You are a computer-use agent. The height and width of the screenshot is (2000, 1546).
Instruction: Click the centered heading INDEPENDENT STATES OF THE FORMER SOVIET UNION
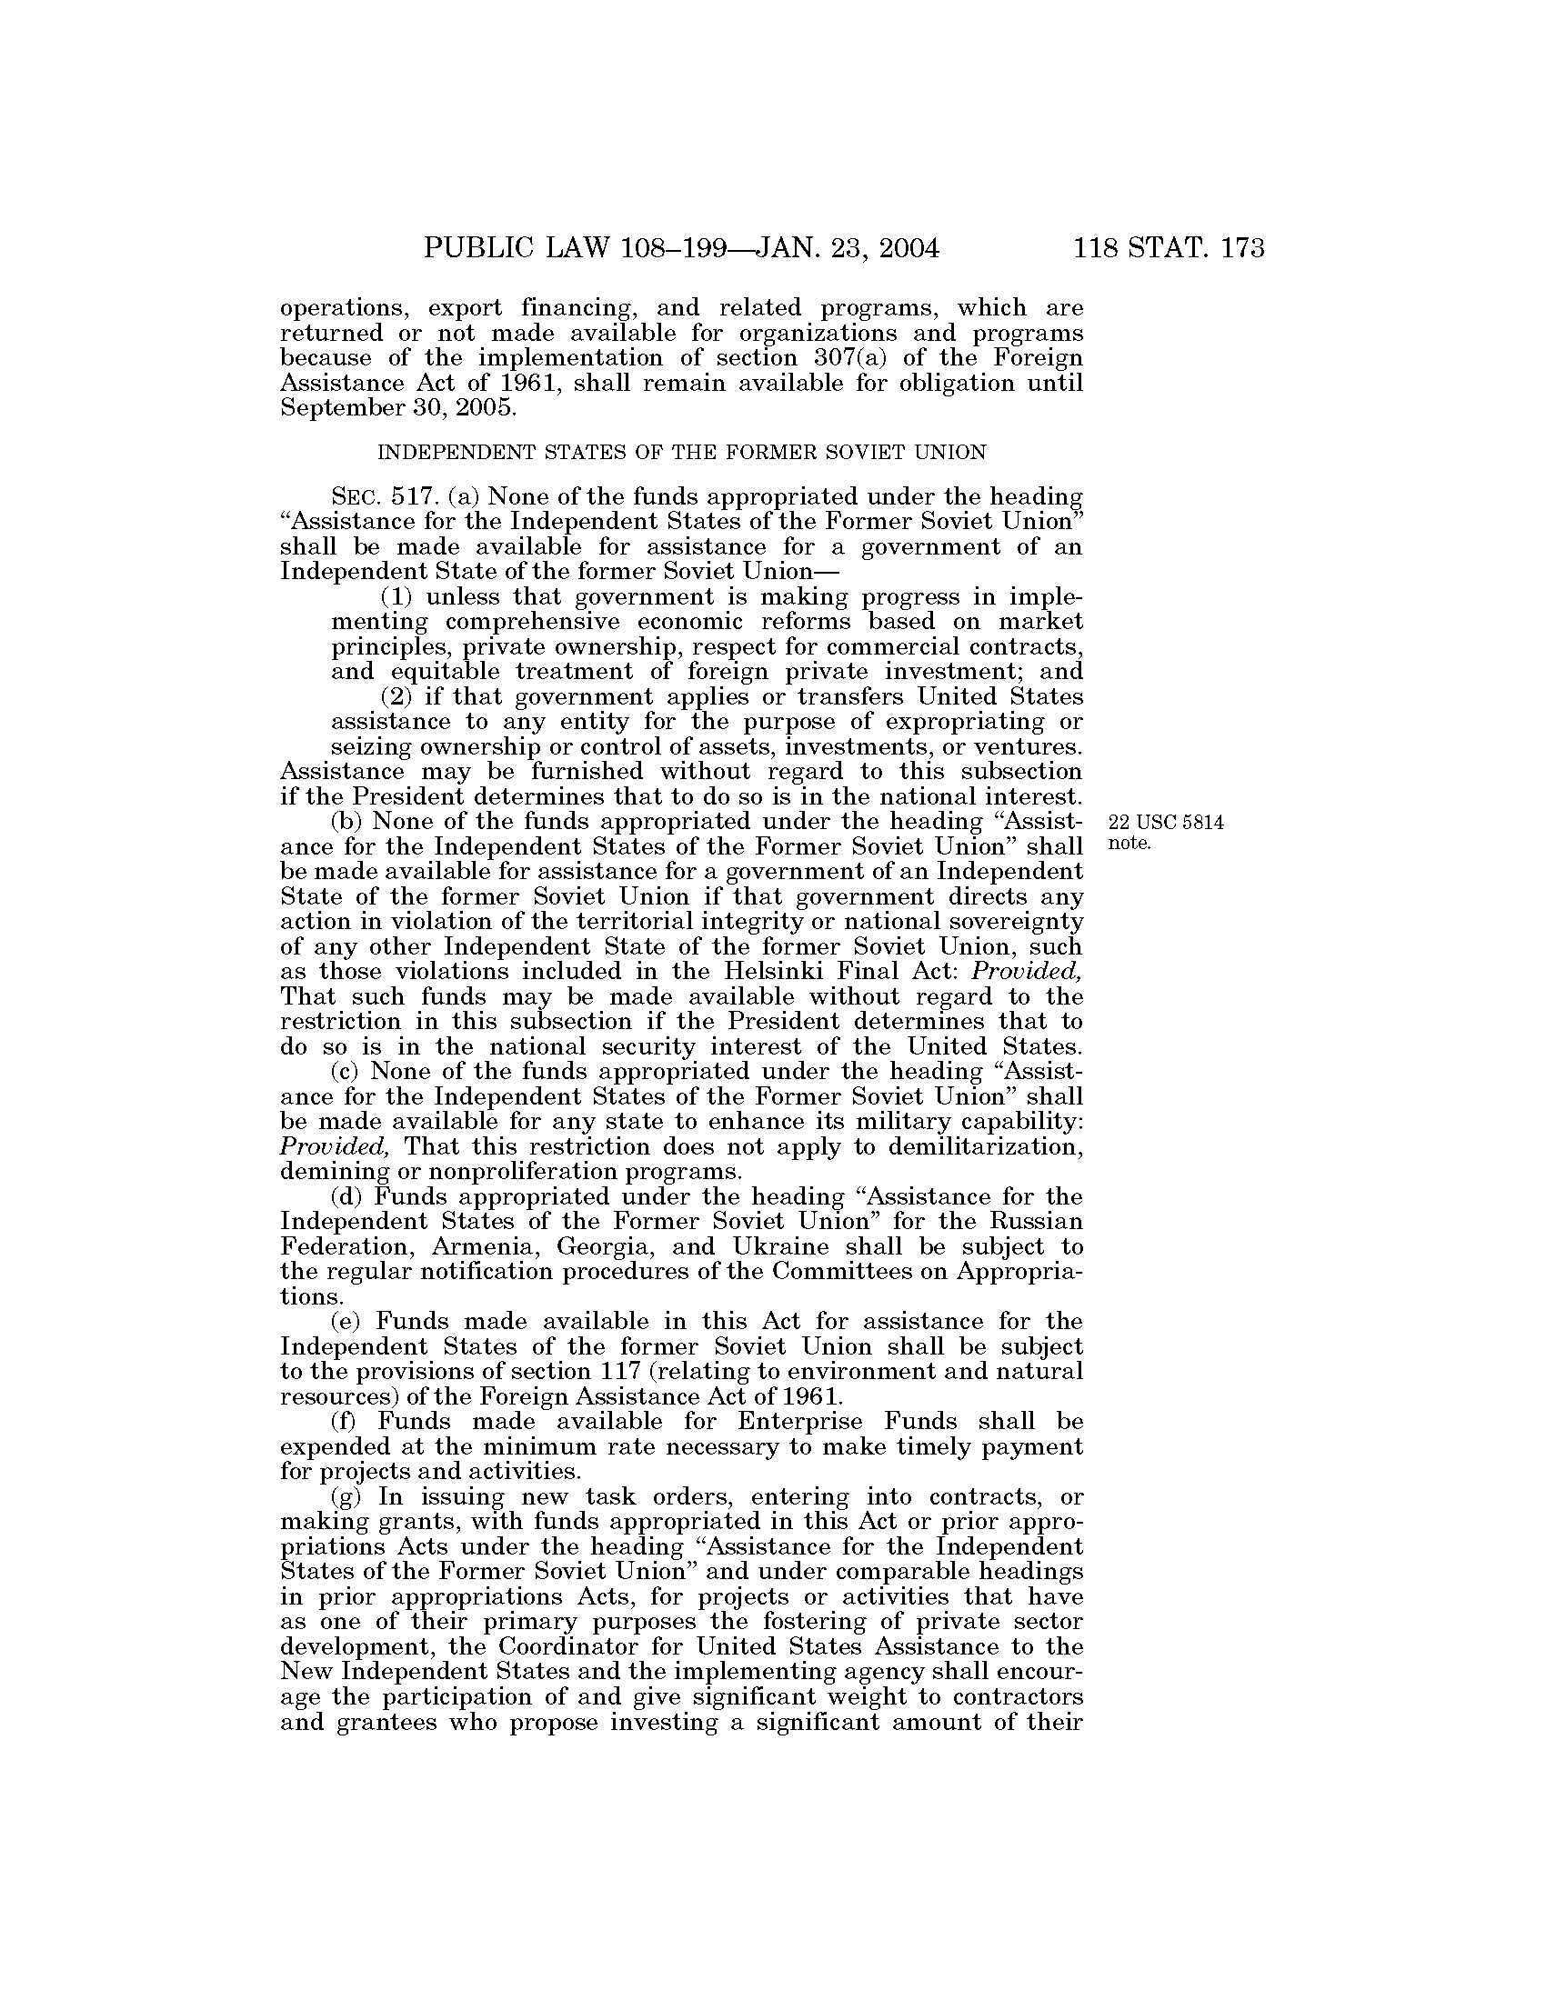click(x=682, y=453)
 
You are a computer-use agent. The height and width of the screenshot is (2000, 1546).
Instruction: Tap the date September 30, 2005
click(x=398, y=407)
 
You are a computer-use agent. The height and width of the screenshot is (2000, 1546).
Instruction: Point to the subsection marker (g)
click(x=346, y=1497)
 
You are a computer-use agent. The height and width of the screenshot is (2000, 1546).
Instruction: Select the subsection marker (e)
click(x=346, y=1322)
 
